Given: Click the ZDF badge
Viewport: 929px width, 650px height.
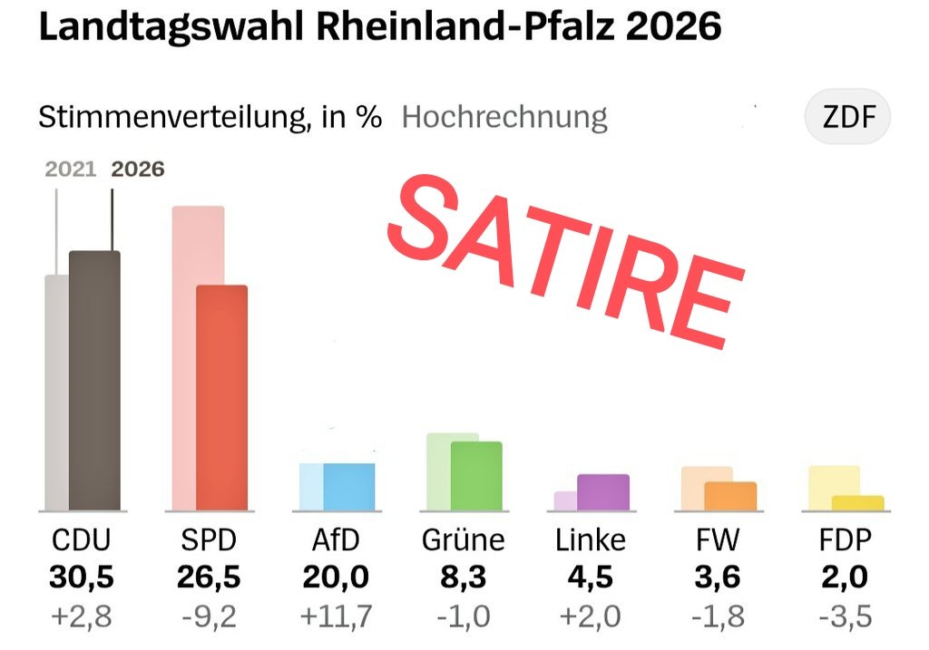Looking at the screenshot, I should pyautogui.click(x=847, y=118).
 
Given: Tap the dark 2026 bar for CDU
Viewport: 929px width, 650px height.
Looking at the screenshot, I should pyautogui.click(x=94, y=381).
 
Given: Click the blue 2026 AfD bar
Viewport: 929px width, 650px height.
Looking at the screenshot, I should pyautogui.click(x=349, y=487).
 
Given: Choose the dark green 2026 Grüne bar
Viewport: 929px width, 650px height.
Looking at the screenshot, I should pyautogui.click(x=476, y=476).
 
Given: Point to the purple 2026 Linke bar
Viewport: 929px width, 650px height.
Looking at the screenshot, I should pyautogui.click(x=603, y=492).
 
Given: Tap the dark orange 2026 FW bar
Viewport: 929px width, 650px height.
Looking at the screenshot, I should pyautogui.click(x=730, y=496).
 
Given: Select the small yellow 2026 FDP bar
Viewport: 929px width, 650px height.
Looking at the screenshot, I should pyautogui.click(x=857, y=503).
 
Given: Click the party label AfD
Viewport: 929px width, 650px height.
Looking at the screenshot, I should pyautogui.click(x=336, y=541).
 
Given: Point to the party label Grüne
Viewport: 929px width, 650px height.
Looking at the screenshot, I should pyautogui.click(x=463, y=541).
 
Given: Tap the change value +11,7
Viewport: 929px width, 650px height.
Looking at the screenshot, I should pyautogui.click(x=336, y=616).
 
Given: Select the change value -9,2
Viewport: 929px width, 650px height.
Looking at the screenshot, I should pyautogui.click(x=209, y=616).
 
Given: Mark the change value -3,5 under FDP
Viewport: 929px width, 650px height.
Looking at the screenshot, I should pyautogui.click(x=844, y=616).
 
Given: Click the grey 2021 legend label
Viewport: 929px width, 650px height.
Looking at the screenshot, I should pyautogui.click(x=70, y=170).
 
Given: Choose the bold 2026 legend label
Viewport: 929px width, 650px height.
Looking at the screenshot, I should pyautogui.click(x=137, y=170).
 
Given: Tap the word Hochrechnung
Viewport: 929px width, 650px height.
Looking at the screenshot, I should pyautogui.click(x=504, y=118).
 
